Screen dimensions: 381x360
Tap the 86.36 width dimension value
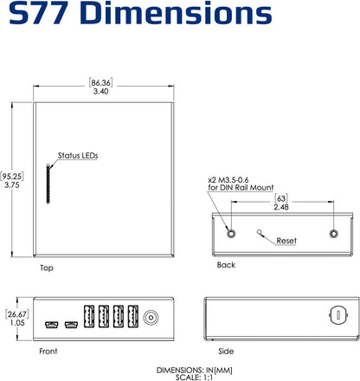coord(102,83)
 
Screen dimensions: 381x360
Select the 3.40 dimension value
coord(102,94)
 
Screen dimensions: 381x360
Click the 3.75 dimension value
coord(12,184)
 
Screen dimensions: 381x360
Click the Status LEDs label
coord(78,156)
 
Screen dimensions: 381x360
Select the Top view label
coord(48,268)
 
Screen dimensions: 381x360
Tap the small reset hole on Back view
coord(261,232)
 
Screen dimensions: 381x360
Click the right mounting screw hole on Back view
coord(334,234)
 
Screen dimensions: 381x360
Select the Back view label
coord(227,265)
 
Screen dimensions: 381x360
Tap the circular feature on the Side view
coord(339,313)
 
